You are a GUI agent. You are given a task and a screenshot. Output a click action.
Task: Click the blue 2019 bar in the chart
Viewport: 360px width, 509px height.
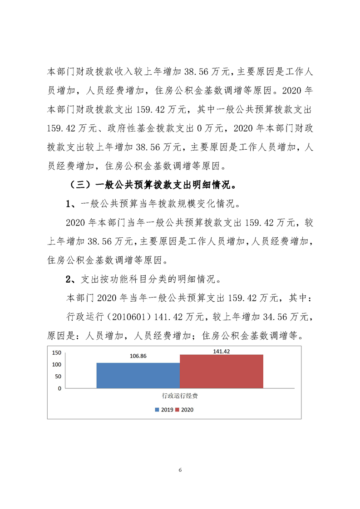pos(138,375)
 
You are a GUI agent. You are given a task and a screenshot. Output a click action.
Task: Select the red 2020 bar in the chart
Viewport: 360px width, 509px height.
pos(221,371)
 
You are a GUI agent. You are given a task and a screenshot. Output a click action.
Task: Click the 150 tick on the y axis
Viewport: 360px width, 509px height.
pos(56,352)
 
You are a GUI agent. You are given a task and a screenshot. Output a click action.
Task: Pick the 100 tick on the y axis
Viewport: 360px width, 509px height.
pos(56,365)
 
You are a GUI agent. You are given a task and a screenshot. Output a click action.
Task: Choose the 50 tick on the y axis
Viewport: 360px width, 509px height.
pos(58,377)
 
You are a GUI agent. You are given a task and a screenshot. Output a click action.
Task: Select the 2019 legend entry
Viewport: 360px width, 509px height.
pos(163,410)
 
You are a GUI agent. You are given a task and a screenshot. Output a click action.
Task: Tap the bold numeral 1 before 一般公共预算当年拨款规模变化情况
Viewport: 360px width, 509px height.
pos(69,204)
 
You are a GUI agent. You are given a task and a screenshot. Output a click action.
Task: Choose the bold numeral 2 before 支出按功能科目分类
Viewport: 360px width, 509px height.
pos(69,279)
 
